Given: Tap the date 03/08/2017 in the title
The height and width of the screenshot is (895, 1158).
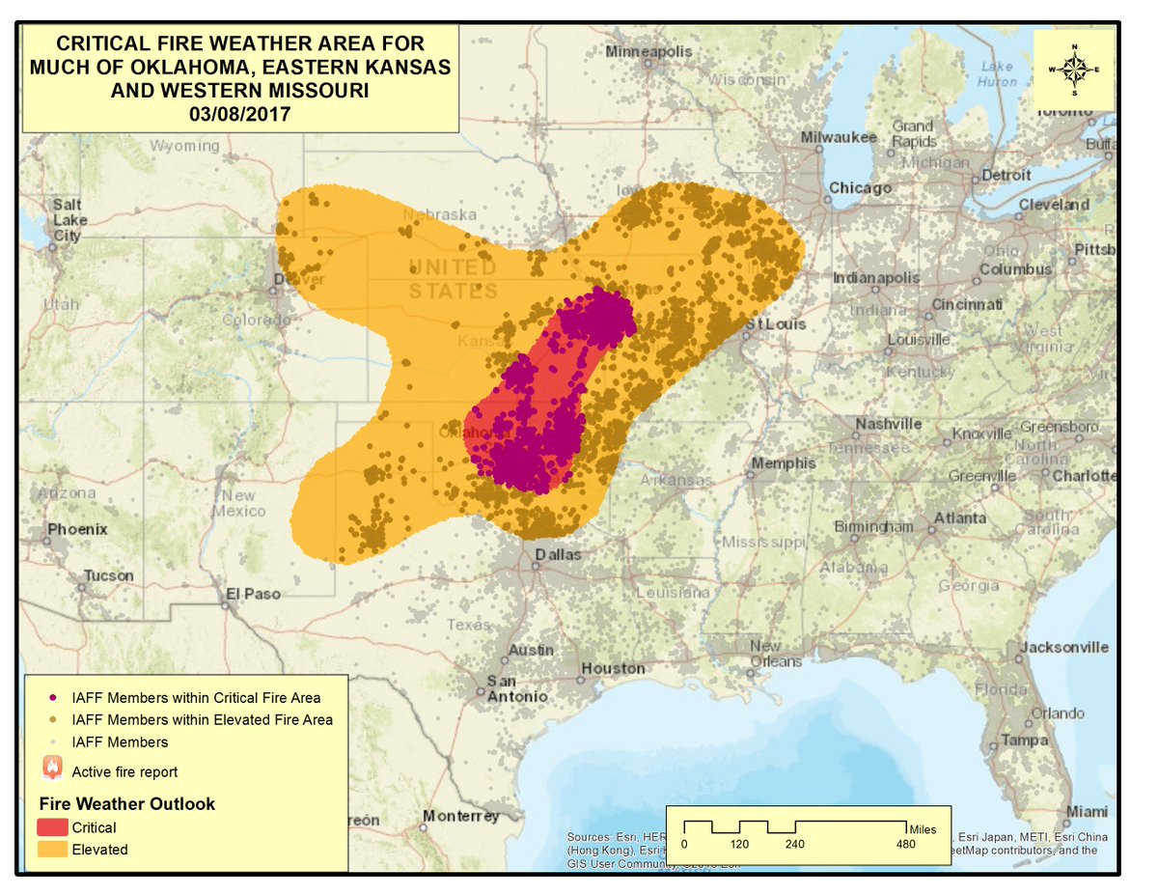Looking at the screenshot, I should click(x=240, y=113).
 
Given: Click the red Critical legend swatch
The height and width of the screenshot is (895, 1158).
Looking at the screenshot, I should click(x=52, y=827).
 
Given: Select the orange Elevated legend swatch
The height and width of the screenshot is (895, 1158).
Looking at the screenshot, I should click(x=52, y=850).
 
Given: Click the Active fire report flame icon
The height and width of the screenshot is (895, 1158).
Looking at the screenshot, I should click(x=52, y=769).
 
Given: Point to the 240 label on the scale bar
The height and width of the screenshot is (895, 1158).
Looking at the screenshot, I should click(x=794, y=843).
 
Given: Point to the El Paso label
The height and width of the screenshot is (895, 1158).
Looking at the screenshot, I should click(x=253, y=594).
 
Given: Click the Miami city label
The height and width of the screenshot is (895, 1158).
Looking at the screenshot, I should click(x=1087, y=811).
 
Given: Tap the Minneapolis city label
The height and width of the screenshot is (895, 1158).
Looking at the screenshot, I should click(x=648, y=51).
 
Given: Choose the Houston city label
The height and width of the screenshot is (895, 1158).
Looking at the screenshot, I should click(x=613, y=668).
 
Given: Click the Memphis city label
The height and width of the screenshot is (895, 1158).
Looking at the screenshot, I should click(x=784, y=463).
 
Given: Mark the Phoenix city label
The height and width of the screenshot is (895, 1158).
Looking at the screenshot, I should click(x=77, y=529).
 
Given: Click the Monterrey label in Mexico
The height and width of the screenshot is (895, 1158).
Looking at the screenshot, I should click(x=460, y=816).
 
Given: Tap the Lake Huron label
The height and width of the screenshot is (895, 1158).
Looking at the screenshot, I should click(x=997, y=74).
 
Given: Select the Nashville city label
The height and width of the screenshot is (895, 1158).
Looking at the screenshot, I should click(x=888, y=424).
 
